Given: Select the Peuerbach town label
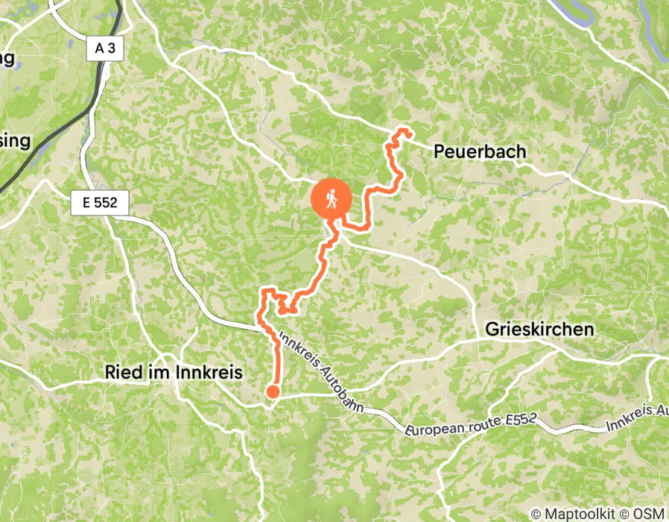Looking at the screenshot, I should click(479, 152).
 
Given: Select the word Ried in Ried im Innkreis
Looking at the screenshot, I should click(122, 371).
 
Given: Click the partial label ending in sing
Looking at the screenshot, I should click(15, 140).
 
